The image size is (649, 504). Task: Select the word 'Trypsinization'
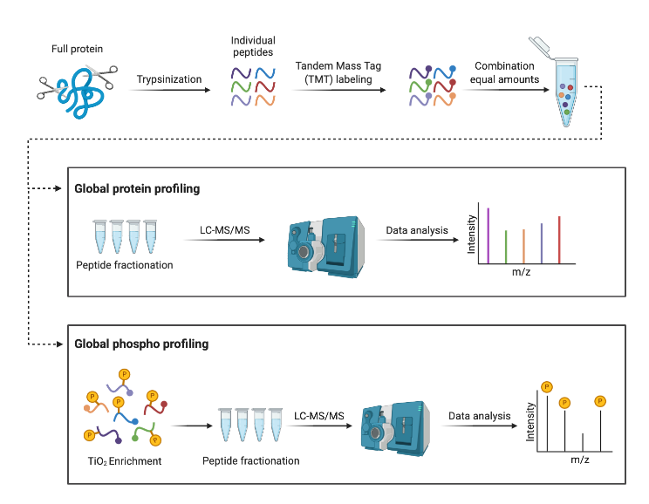point(169,79)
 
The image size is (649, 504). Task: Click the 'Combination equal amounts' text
point(505,72)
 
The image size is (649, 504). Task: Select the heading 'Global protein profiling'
point(137,188)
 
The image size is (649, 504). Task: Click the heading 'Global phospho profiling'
point(141,344)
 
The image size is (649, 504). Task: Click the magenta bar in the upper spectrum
point(488,234)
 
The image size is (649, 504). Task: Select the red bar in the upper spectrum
point(559,238)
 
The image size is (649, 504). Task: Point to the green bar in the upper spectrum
point(506,245)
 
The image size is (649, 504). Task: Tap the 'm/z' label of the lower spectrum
point(580,459)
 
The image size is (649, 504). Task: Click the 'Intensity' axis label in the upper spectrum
point(472,234)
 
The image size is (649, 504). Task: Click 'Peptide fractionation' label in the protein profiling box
point(124,265)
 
